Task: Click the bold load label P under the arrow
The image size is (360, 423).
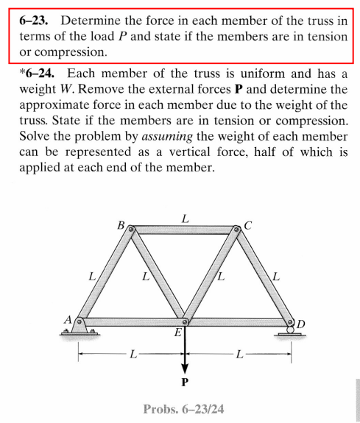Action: (185, 383)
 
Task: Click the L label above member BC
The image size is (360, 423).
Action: (185, 218)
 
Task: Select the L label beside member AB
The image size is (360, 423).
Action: (92, 278)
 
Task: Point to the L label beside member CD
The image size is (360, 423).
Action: (276, 278)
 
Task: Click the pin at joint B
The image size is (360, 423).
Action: (132, 231)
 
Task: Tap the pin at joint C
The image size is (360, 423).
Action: (237, 231)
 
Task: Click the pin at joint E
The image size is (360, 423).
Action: (185, 322)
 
